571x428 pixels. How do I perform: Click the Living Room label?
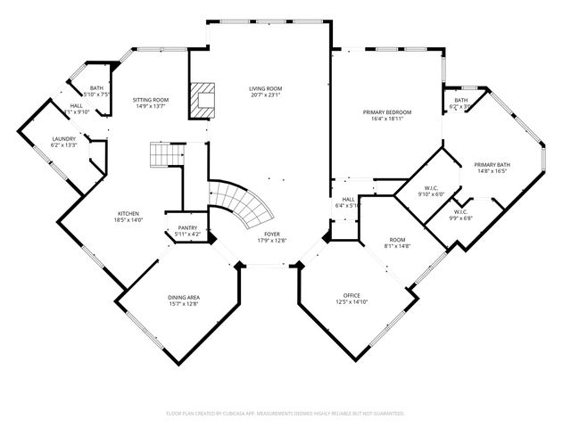[x=265, y=88]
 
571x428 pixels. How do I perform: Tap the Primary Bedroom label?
[x=386, y=111]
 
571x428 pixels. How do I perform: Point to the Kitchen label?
[x=128, y=213]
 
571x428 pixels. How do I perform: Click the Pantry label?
[x=187, y=227]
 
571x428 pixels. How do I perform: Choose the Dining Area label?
[x=184, y=297]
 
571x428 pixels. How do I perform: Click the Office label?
[x=352, y=295]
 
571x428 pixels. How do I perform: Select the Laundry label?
[x=63, y=138]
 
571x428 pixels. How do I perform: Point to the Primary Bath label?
[x=492, y=164]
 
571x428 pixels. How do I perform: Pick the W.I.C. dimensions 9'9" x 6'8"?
[x=460, y=218]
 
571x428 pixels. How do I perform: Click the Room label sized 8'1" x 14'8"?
[x=396, y=239]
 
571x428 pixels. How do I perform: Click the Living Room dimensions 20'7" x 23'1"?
[x=265, y=95]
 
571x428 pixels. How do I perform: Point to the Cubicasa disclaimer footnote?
[x=285, y=414]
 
